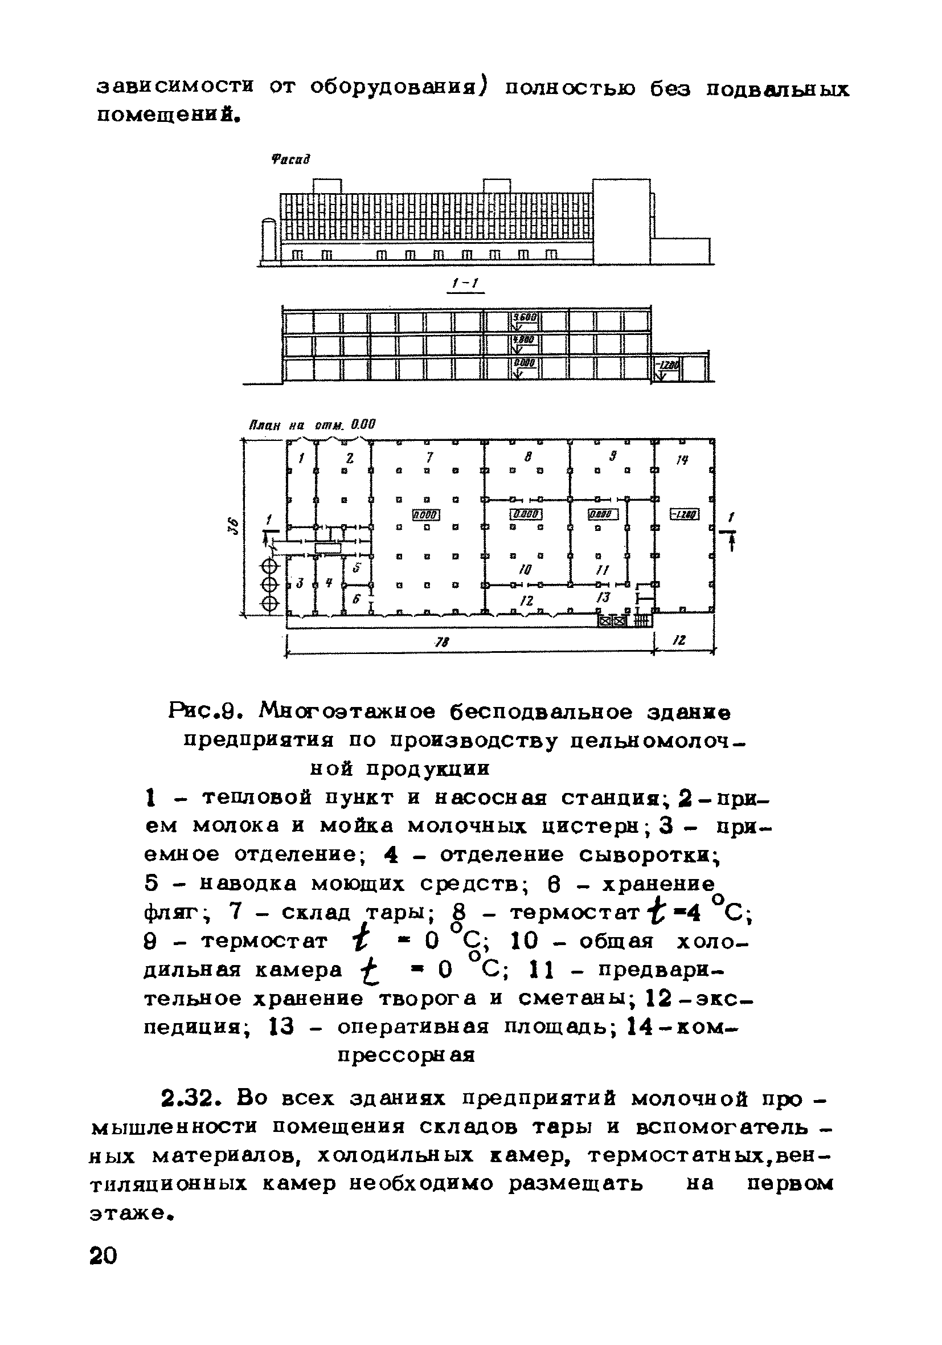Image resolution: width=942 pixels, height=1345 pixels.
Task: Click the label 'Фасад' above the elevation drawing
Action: [290, 160]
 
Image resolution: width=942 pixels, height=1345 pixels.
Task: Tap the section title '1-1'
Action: [465, 285]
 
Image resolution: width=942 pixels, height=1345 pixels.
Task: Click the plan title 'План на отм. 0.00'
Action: [312, 424]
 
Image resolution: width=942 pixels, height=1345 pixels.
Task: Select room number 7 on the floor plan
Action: [429, 456]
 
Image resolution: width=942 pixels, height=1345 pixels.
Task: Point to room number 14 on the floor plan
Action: [682, 460]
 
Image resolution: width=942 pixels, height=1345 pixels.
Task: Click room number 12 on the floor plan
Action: [527, 600]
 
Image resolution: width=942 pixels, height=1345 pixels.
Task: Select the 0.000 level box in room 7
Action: [427, 514]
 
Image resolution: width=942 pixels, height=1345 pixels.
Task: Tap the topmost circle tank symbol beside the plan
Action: [269, 566]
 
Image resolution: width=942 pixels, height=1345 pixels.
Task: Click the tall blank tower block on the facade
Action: [621, 222]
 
